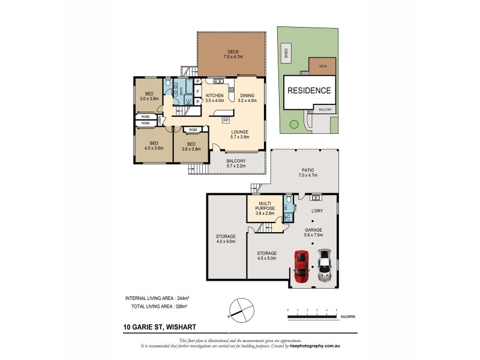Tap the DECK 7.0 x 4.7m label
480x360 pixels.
[230, 54]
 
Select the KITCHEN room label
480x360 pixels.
[214, 98]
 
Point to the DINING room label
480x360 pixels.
[247, 98]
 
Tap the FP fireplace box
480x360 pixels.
[225, 120]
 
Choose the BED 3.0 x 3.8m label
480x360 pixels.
[148, 95]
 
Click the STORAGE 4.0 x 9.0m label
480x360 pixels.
[226, 239]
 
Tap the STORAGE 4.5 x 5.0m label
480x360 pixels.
[266, 256]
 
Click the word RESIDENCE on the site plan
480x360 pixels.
[308, 91]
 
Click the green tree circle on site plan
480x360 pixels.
[293, 125]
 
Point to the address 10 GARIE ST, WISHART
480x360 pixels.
[156, 328]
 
